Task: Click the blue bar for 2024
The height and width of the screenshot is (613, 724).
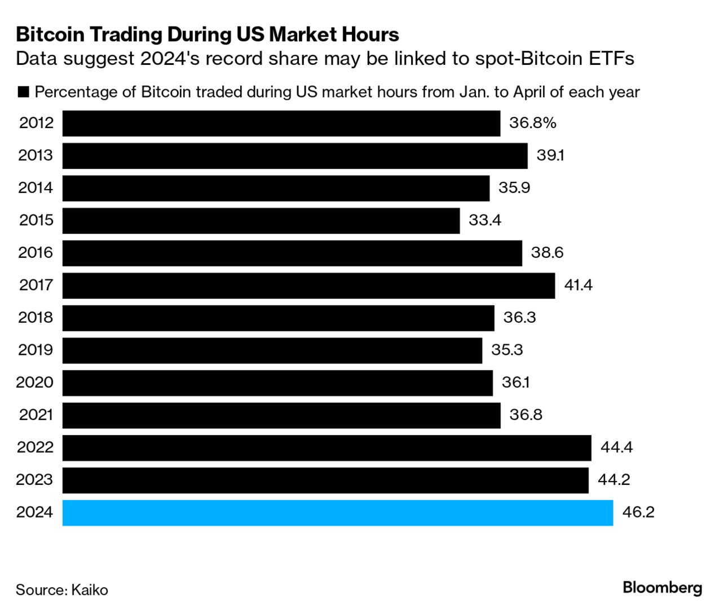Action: coord(337,513)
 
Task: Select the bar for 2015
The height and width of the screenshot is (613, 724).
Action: coord(261,221)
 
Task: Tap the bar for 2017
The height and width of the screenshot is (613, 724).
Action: coord(308,286)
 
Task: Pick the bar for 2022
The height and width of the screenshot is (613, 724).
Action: coord(326,448)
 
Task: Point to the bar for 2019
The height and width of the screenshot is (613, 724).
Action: coord(272,351)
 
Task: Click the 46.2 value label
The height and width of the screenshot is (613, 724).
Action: coord(638,513)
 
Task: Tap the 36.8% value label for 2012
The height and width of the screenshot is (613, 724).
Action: coord(532,123)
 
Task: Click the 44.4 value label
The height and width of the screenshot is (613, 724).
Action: coord(616,448)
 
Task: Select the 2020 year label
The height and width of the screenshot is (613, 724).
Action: coord(34,383)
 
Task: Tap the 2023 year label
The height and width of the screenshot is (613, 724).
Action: coord(34,480)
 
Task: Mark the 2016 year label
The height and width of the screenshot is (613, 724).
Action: coord(36,253)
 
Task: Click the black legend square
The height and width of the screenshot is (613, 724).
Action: coord(23,93)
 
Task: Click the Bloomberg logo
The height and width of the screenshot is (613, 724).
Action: coord(662,588)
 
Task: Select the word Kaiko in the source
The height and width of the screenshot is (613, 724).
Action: coord(89,590)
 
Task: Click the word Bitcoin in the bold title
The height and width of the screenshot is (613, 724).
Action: coord(50,35)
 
